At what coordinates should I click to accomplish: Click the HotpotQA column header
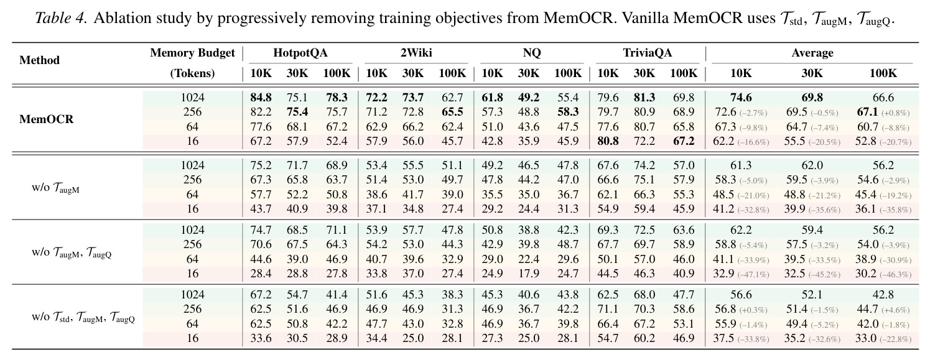(x=300, y=53)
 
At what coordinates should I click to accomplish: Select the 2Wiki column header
(x=416, y=53)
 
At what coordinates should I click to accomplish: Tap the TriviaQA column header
(x=647, y=53)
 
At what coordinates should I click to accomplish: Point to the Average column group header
(x=812, y=53)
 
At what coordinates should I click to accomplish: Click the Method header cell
(x=39, y=60)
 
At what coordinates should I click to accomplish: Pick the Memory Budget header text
(x=192, y=53)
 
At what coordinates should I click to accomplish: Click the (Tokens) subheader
(x=192, y=73)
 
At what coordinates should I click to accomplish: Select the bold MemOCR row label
(x=46, y=119)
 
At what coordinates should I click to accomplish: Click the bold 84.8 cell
(x=261, y=98)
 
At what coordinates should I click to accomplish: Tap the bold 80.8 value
(x=608, y=141)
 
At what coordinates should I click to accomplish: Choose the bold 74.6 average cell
(x=741, y=98)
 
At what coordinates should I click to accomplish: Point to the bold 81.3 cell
(x=644, y=98)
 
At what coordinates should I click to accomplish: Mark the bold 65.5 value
(x=452, y=112)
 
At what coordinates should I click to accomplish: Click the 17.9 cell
(x=528, y=274)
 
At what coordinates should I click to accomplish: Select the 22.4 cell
(x=528, y=259)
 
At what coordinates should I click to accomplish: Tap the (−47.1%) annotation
(x=753, y=275)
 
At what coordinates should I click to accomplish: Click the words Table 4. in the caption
(x=61, y=18)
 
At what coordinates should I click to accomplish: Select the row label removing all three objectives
(x=83, y=317)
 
